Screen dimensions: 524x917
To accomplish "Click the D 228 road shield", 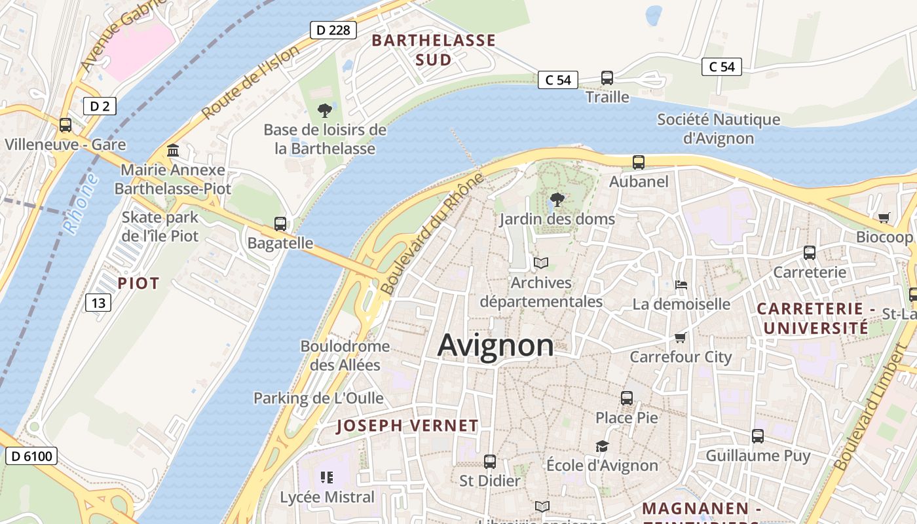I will [333, 30].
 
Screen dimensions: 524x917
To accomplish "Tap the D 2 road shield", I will [100, 106].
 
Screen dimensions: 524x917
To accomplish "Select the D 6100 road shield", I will [31, 456].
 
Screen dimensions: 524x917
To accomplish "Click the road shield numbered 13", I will [98, 303].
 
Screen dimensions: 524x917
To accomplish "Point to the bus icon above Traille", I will [607, 78].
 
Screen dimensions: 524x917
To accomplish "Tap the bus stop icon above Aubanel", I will [639, 162].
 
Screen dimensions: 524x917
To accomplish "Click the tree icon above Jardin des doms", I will [557, 200].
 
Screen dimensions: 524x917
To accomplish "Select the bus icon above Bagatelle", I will [280, 224].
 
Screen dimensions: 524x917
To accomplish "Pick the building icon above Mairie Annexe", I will [173, 151].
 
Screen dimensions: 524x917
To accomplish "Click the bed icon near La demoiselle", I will [681, 285].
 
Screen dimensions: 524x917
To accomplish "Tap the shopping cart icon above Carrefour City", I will [681, 338].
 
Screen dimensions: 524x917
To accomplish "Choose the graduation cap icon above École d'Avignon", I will [602, 446].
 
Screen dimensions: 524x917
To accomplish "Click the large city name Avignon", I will [495, 345].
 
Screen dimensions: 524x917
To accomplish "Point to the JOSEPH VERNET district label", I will [407, 426].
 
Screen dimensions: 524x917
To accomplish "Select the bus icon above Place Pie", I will [627, 398].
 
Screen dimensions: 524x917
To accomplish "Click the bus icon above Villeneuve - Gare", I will [65, 125].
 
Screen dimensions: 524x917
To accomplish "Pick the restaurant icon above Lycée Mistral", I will [327, 477].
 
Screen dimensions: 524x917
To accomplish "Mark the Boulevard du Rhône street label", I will [433, 234].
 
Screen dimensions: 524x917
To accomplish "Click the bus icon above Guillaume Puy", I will [758, 436].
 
